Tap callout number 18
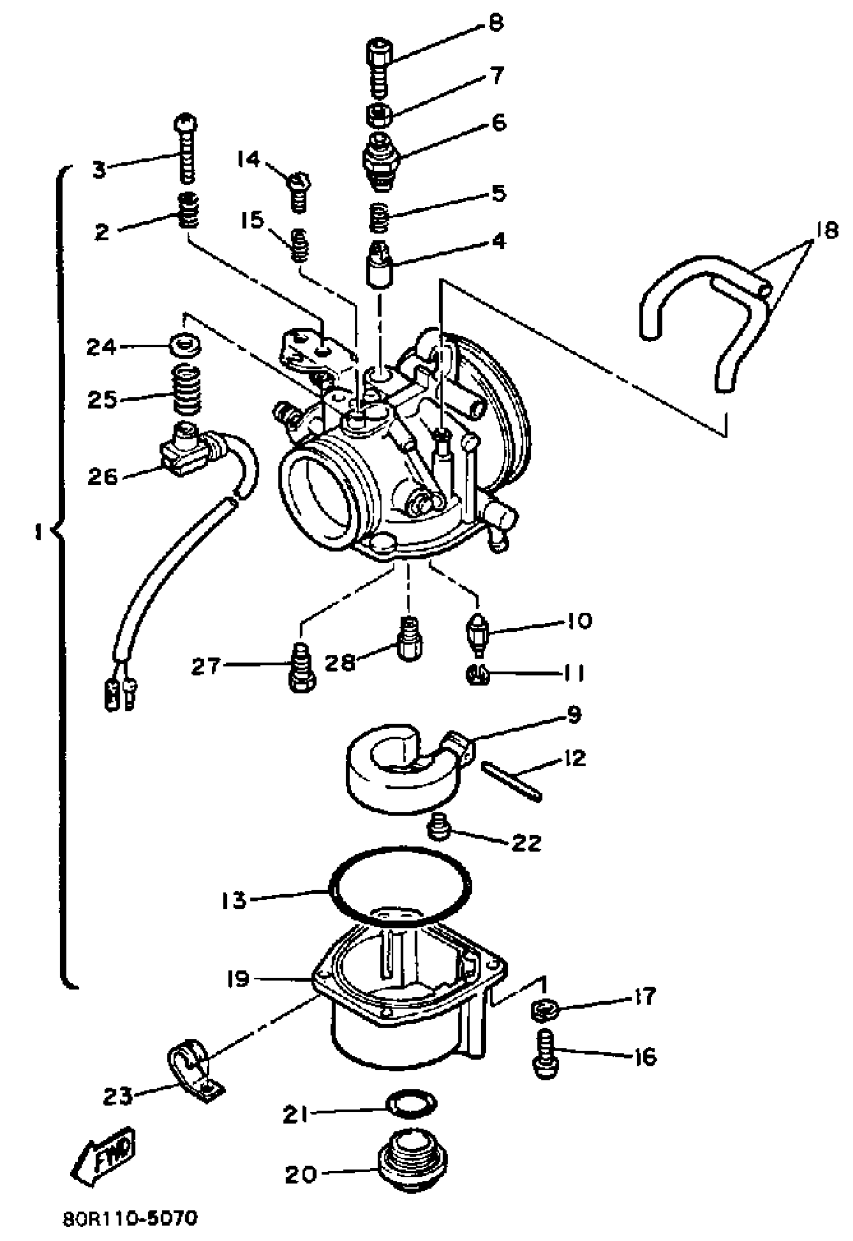click(x=827, y=231)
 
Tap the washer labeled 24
click(x=187, y=346)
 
